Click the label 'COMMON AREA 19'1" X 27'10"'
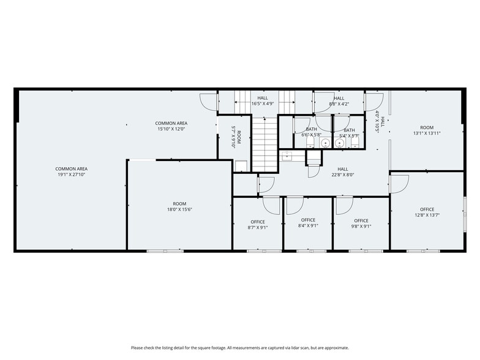click(x=72, y=171)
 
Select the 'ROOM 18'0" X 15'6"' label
click(x=179, y=207)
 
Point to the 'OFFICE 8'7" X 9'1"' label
click(x=258, y=224)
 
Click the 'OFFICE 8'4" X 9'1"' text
click(x=308, y=223)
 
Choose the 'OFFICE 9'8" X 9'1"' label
click(x=361, y=223)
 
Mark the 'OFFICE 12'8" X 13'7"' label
click(x=427, y=212)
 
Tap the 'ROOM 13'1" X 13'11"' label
click(x=427, y=130)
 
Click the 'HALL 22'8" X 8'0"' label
click(x=342, y=172)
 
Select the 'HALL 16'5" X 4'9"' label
click(x=263, y=101)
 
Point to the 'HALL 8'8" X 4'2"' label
click(x=339, y=101)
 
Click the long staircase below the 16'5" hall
click(x=264, y=144)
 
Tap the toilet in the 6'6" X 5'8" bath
click(x=310, y=143)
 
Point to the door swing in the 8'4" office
click(x=294, y=205)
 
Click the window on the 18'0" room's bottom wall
click(x=165, y=250)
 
